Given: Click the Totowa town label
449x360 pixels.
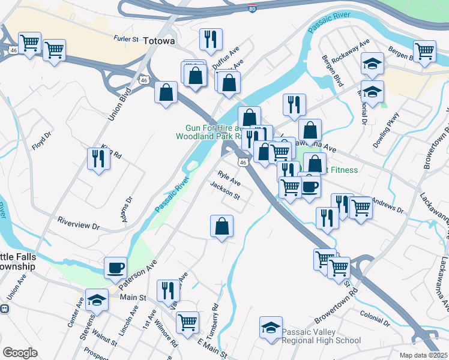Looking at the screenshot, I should point(159,41).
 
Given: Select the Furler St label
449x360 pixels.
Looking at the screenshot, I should point(126,38).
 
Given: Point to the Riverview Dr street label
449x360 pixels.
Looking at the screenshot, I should point(78,223).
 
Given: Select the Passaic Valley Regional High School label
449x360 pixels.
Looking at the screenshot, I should point(322,335).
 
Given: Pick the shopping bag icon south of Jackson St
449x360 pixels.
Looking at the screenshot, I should point(221,226).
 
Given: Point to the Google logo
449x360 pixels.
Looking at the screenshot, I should point(20,353).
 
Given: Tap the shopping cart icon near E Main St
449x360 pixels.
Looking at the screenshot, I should point(187,322).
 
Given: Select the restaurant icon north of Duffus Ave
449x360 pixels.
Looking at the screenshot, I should point(211,39).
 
